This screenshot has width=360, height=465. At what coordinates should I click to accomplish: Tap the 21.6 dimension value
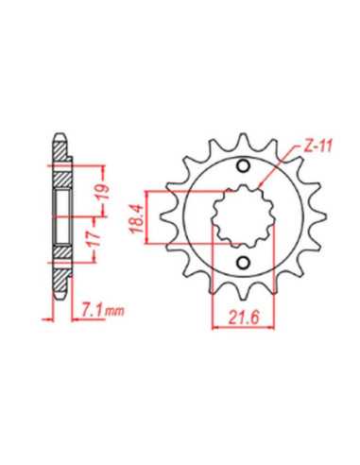(244, 318)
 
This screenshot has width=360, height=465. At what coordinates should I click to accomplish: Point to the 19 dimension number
(104, 192)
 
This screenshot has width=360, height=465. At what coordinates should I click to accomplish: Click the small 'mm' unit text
(114, 312)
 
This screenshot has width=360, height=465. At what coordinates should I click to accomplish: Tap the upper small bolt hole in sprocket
(243, 166)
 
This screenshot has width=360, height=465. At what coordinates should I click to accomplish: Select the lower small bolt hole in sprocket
(243, 263)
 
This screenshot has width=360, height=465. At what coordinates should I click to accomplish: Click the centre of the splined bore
(243, 215)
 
